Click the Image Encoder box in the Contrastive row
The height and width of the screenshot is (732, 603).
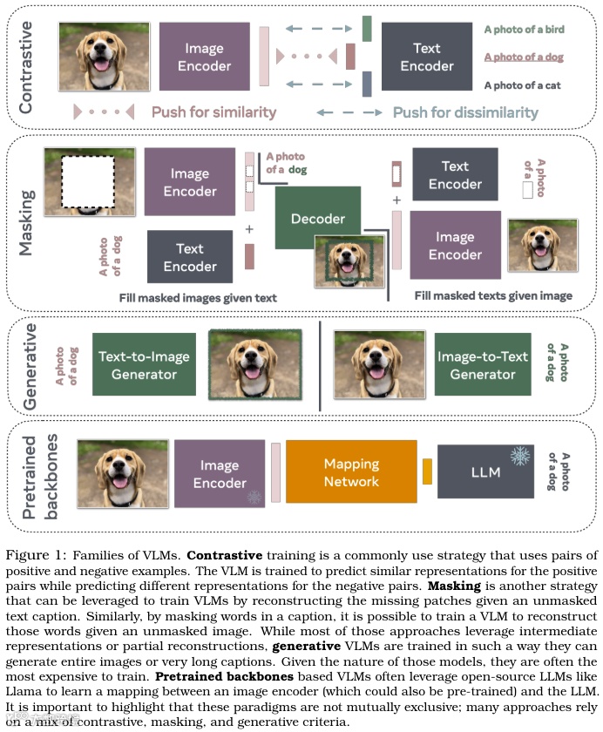[x=206, y=58]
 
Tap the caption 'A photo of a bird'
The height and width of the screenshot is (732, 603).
[x=524, y=30]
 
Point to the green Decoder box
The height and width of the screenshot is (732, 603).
[x=317, y=219]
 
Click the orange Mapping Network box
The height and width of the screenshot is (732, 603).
[x=351, y=473]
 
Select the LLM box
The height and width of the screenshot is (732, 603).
[x=484, y=472]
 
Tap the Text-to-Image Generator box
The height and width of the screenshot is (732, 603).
[x=143, y=365]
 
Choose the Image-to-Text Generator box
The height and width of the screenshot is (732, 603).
[x=482, y=365]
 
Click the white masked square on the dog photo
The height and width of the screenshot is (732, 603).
[x=87, y=184]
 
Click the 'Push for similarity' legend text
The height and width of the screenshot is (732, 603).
[x=213, y=112]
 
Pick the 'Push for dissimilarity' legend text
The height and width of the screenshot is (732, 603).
[x=465, y=112]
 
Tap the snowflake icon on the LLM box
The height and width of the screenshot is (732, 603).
[x=520, y=456]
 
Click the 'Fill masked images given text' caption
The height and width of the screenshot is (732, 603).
[x=198, y=298]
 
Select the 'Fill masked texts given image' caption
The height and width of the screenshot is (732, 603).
[x=493, y=296]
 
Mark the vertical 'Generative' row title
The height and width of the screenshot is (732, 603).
[x=30, y=366]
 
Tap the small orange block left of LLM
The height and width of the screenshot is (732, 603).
[x=427, y=472]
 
